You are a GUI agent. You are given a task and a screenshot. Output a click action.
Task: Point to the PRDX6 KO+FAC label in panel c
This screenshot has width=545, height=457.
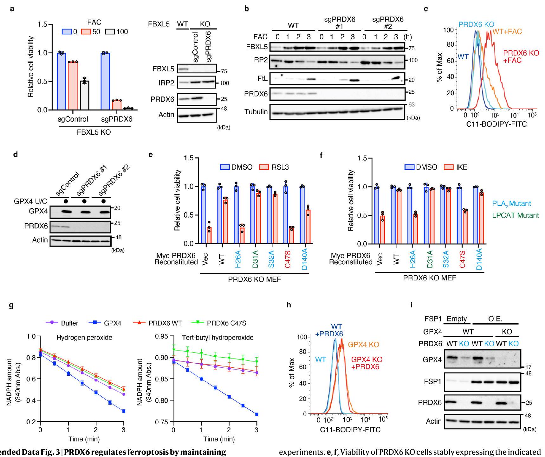coord(521,56)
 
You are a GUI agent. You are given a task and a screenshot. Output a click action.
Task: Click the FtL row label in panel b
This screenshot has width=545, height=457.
coord(261,79)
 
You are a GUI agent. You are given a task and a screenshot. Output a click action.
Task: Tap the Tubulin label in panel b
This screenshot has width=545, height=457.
coord(256,112)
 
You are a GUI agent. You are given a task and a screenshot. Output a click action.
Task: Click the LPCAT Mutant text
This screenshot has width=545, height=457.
coord(516,215)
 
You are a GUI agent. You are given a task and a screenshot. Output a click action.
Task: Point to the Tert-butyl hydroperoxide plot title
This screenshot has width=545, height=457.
coord(217,338)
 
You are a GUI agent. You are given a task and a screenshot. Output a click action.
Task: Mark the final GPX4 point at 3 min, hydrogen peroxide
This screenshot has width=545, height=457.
coord(124,411)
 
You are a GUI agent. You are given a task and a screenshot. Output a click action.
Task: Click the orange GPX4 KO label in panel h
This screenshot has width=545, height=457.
coord(363,345)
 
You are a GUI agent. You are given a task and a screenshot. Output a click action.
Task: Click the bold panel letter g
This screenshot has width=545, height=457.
coord(11,306)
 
